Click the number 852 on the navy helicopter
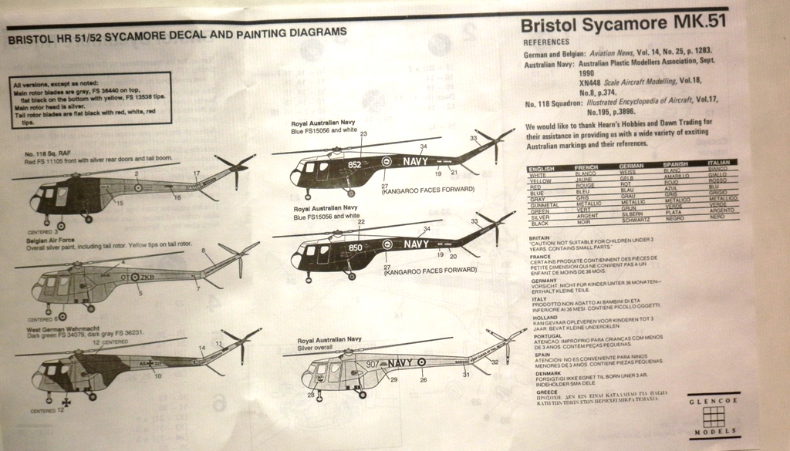click(354, 164)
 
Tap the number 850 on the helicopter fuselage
click(355, 247)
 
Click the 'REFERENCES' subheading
click(546, 41)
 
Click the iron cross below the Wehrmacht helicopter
click(68, 402)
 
